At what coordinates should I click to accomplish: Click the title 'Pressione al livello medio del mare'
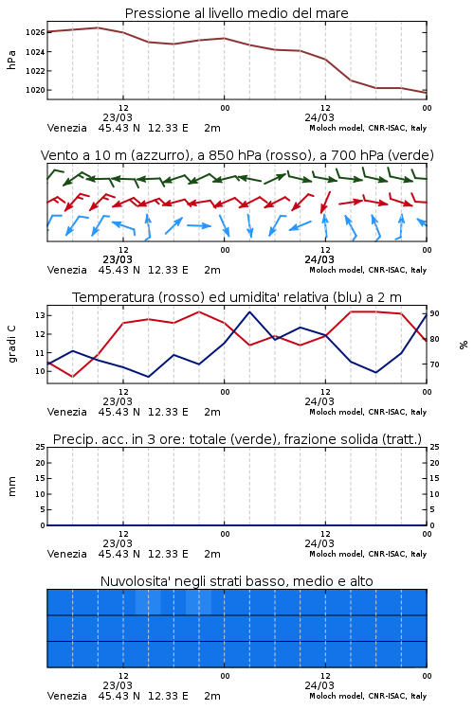236,13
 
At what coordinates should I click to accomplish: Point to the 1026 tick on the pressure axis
35,32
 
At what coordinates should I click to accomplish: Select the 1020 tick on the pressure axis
35,90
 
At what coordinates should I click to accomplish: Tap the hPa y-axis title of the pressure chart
11,60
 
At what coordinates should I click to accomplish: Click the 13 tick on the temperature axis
40,315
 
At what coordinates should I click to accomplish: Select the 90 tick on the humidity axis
434,313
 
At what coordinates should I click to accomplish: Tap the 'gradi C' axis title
11,345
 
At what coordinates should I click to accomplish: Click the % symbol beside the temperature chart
464,345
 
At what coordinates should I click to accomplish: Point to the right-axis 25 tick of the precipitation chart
434,447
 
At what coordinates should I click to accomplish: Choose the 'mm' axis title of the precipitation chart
11,487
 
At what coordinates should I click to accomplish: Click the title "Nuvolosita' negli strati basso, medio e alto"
236,581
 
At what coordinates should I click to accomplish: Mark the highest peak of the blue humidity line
250,312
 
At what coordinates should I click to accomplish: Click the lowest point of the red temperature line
73,377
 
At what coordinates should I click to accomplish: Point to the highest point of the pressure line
98,27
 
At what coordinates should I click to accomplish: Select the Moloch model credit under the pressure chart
368,128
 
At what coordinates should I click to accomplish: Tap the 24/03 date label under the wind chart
319,260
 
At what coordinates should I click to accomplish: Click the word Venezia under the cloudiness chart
66,696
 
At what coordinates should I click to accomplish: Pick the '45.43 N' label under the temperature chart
118,412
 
